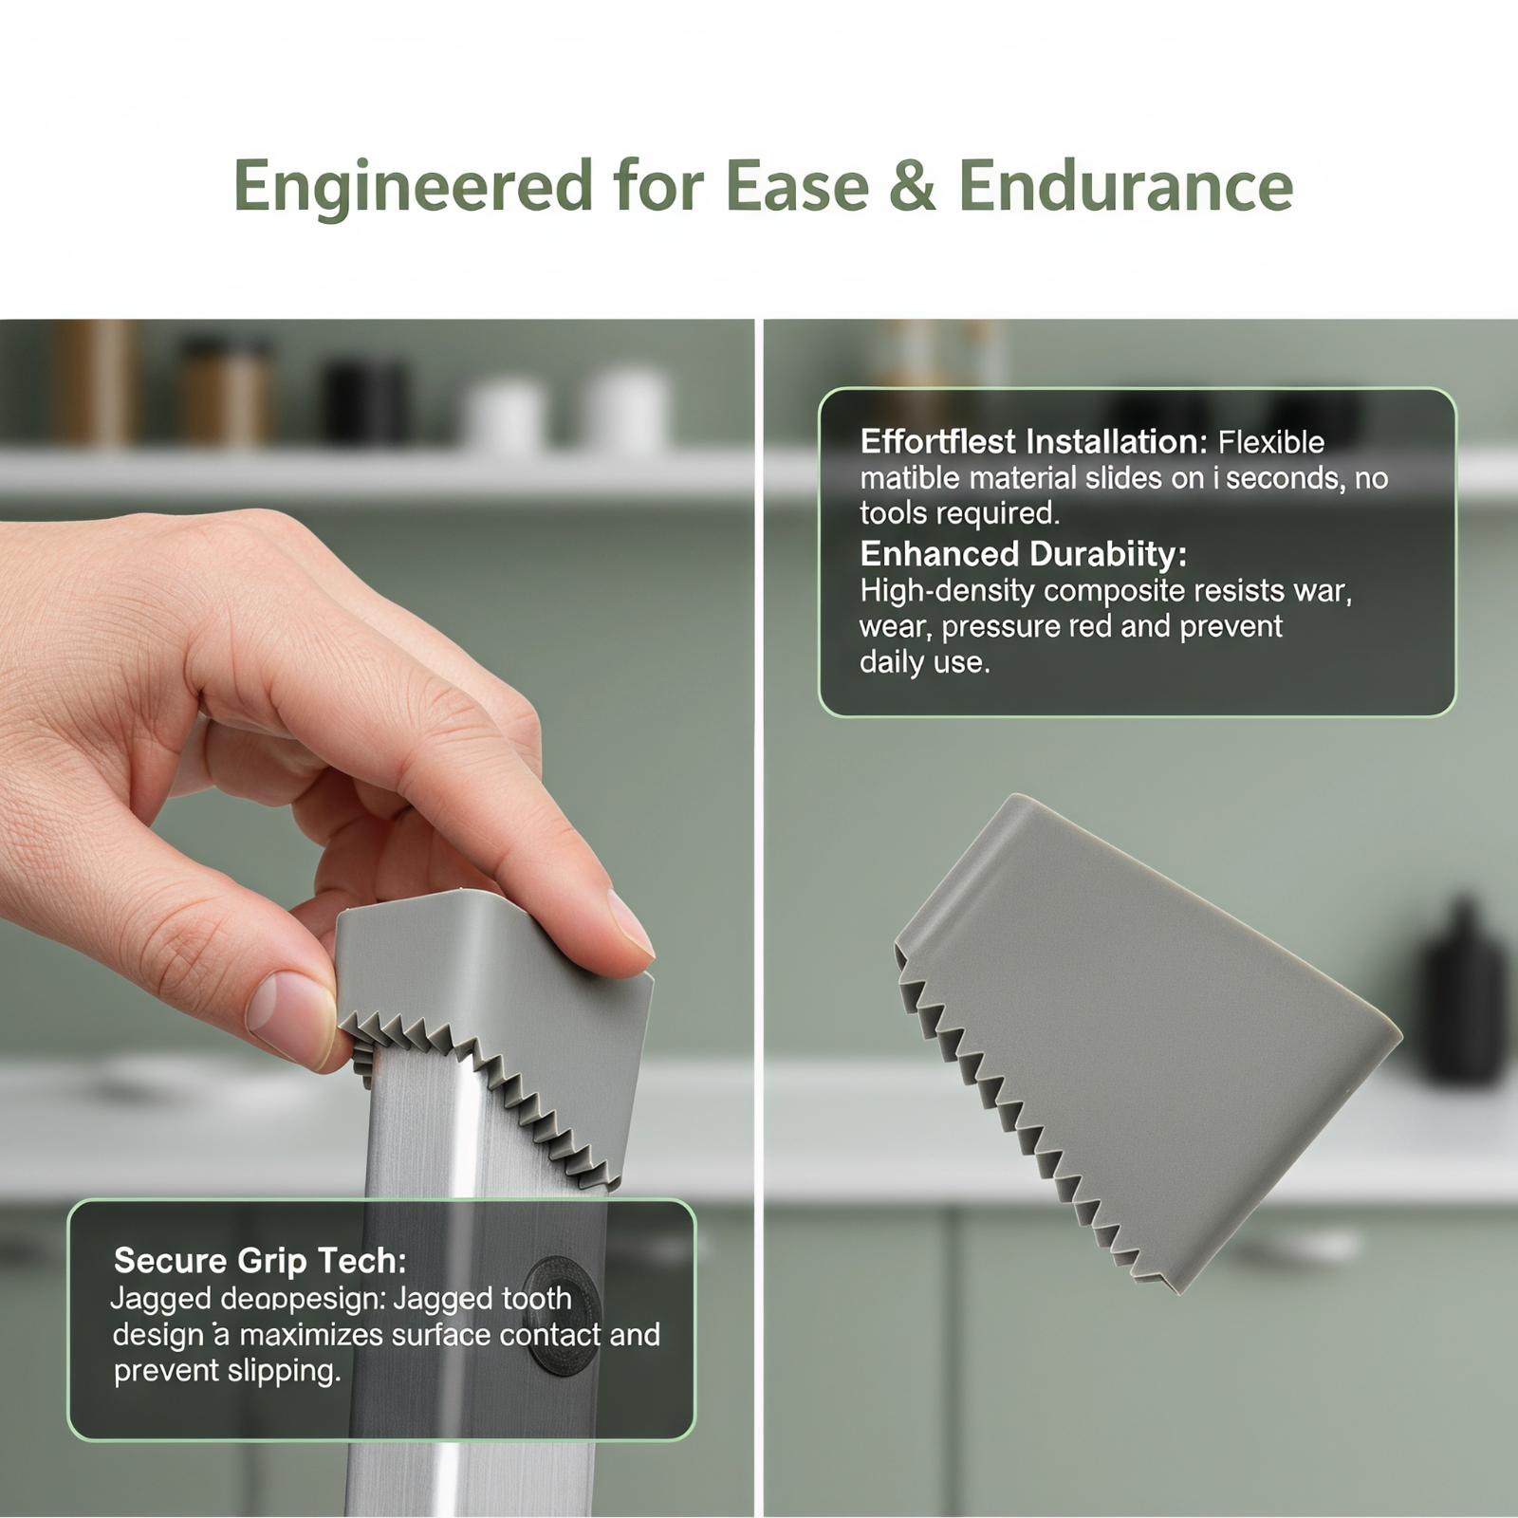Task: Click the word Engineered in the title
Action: click(414, 187)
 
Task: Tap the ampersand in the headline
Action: click(912, 186)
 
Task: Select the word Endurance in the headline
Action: click(1125, 185)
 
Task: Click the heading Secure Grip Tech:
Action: click(260, 1260)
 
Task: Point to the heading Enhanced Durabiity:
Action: click(1023, 553)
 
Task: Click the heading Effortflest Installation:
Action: click(1033, 442)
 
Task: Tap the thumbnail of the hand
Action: click(289, 1016)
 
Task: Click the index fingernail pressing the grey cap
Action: click(632, 922)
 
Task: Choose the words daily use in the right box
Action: click(924, 662)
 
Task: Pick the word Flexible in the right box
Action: click(1271, 442)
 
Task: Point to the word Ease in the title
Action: click(797, 186)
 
